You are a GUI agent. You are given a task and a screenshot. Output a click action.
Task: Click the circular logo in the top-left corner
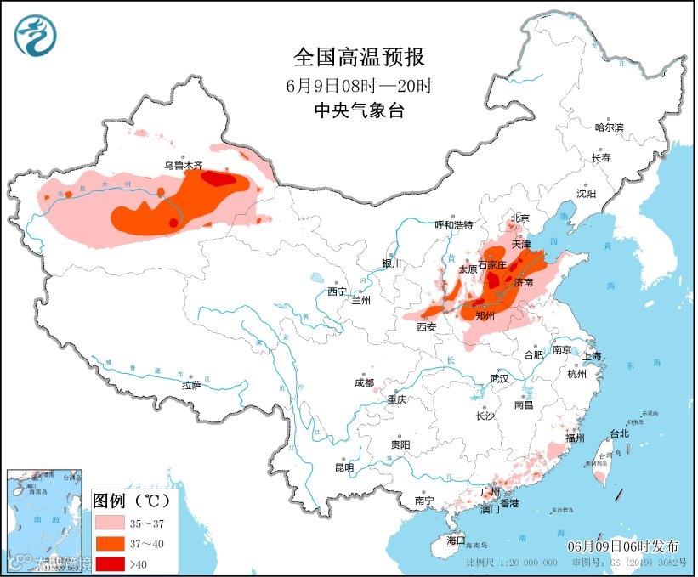[35, 36]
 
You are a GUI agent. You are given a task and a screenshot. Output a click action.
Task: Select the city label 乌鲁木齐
[183, 166]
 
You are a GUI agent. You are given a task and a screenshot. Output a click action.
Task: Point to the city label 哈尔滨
[609, 127]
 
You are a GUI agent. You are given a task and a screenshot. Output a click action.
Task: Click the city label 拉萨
[191, 384]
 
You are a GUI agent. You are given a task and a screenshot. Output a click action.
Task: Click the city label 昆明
[343, 467]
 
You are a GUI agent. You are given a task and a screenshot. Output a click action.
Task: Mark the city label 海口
[456, 540]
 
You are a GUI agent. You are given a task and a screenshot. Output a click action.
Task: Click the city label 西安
[427, 326]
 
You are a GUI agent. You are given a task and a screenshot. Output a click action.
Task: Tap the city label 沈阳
[586, 194]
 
